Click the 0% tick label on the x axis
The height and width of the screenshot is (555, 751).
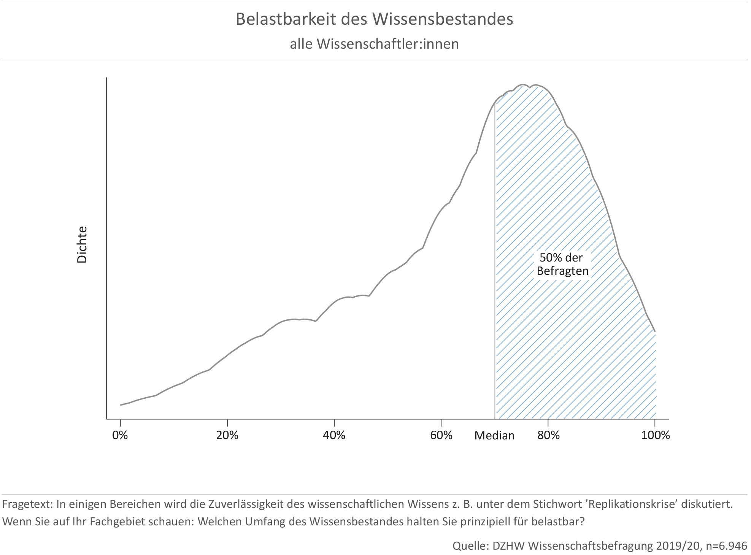pyautogui.click(x=120, y=435)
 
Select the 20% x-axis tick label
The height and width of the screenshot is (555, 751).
pyautogui.click(x=227, y=435)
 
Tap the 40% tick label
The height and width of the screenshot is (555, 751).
pyautogui.click(x=334, y=435)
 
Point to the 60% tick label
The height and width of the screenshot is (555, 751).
pyautogui.click(x=441, y=435)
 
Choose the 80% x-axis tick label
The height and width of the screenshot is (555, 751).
pyautogui.click(x=548, y=435)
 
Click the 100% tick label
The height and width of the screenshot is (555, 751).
pyautogui.click(x=655, y=435)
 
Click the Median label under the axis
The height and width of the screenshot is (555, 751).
pyautogui.click(x=494, y=436)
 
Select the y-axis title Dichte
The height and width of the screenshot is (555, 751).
pyautogui.click(x=82, y=244)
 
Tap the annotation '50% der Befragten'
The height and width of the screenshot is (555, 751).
pyautogui.click(x=562, y=264)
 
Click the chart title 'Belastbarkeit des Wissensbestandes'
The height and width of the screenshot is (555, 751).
pyautogui.click(x=375, y=19)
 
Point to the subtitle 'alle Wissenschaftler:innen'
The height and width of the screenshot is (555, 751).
pyautogui.click(x=375, y=44)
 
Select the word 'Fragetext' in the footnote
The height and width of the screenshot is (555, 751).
pyautogui.click(x=27, y=504)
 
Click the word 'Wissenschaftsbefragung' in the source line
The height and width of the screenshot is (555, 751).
pyautogui.click(x=591, y=546)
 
